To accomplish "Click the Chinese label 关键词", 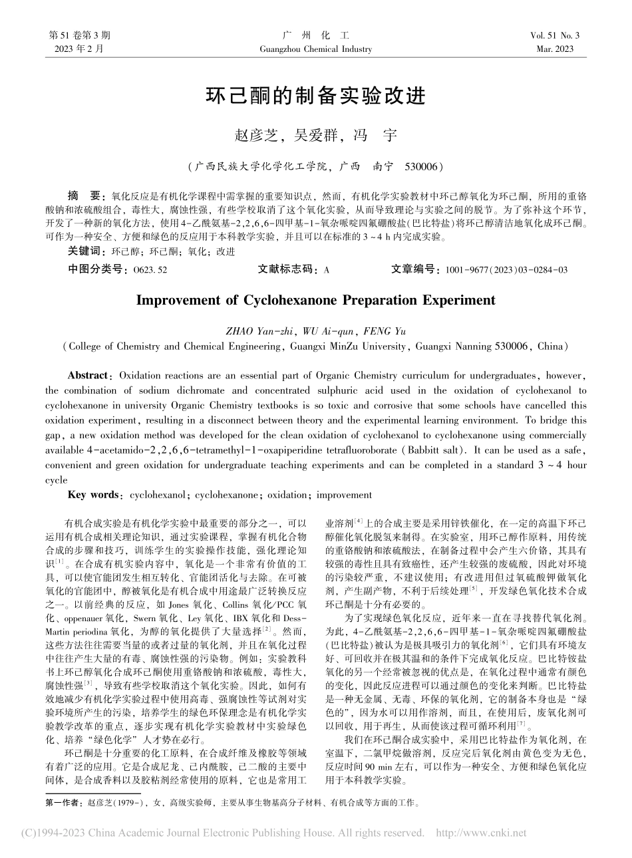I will [x=86, y=252].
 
